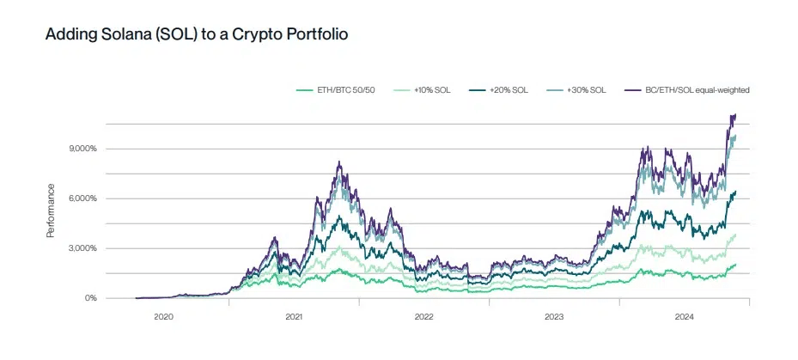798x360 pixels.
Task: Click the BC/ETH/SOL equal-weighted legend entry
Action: point(697,89)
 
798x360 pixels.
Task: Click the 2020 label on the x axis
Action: point(163,317)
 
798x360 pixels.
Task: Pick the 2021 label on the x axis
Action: point(294,317)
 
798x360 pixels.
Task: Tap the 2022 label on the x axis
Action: point(423,317)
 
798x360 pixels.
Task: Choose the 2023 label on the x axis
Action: point(554,317)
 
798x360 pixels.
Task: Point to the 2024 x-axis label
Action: point(685,317)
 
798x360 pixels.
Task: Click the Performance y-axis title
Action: point(51,210)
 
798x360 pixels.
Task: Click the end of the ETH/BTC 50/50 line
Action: point(736,265)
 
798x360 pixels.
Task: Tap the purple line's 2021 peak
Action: point(340,162)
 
